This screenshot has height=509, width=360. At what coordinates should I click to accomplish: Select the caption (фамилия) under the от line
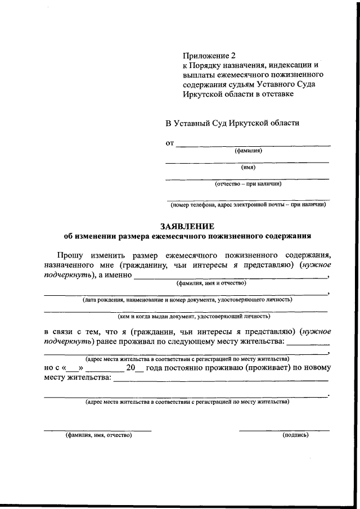(248, 150)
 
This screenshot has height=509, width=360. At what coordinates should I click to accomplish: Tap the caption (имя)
(248, 167)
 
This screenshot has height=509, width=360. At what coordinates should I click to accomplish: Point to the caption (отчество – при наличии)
(247, 183)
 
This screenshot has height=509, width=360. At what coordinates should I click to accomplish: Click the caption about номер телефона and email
(247, 205)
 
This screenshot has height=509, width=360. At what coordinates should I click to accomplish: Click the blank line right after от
(253, 144)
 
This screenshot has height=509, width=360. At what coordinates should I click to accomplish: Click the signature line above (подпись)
(284, 430)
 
